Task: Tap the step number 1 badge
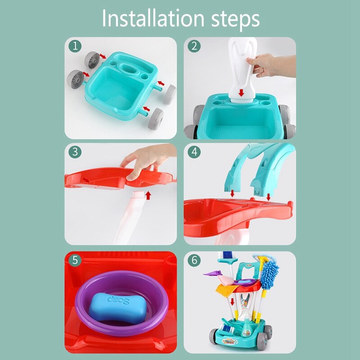click(x=75, y=46)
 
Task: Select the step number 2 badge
click(x=194, y=46)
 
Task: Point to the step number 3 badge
click(x=75, y=152)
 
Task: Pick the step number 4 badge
click(x=194, y=152)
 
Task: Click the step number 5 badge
click(x=75, y=260)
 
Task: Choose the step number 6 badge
click(x=194, y=260)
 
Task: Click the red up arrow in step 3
click(x=147, y=195)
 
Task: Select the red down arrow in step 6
click(x=233, y=301)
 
